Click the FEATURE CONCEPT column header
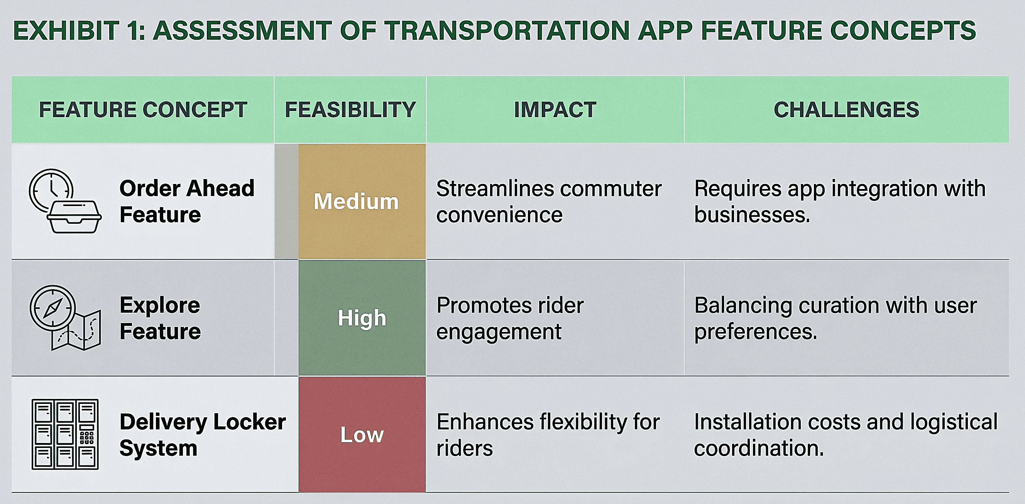tap(143, 109)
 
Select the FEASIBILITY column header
tap(350, 109)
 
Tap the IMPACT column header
tap(555, 109)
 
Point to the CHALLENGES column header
tap(846, 109)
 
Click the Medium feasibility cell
tap(362, 201)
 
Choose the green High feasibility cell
tap(362, 318)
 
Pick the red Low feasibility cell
tap(362, 434)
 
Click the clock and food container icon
tap(65, 201)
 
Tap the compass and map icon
tap(65, 318)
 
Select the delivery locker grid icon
tap(65, 434)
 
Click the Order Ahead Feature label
tap(187, 201)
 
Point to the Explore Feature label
tap(160, 318)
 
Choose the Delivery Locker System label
tap(203, 435)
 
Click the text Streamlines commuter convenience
tap(549, 201)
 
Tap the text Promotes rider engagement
tap(510, 318)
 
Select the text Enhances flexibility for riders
tap(548, 435)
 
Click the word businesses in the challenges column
tap(752, 215)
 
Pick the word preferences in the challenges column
tap(756, 332)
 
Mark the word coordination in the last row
tap(759, 448)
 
